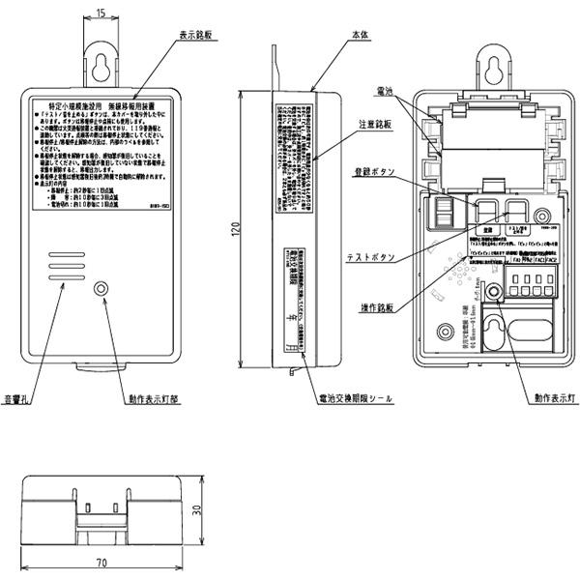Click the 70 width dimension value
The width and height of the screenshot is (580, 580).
pos(101,562)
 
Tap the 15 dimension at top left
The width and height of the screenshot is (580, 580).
pos(101,13)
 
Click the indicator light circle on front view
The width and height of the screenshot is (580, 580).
pos(101,289)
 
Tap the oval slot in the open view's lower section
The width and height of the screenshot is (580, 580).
pos(530,331)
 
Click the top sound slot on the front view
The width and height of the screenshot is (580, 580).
pos(63,254)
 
